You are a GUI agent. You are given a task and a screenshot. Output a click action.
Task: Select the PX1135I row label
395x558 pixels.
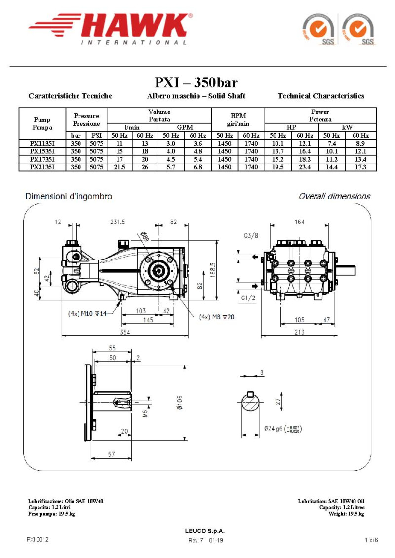point(42,143)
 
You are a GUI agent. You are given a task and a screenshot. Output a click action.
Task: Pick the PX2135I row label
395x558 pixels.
point(42,167)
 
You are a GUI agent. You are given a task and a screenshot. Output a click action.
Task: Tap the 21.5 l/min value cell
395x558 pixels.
point(119,167)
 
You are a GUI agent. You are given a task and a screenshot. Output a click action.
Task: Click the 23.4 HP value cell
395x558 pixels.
point(305,167)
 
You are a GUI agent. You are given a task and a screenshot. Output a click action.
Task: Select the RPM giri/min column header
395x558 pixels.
point(238,119)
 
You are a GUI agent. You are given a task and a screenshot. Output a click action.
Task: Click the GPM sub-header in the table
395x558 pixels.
point(185,127)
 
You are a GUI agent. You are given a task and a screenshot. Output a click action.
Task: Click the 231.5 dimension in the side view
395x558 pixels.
point(118,223)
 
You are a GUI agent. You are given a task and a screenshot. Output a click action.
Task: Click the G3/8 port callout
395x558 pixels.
point(251,236)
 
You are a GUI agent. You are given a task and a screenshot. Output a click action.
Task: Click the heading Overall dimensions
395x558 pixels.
point(334,196)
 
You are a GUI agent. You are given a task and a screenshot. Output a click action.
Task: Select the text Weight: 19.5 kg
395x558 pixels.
point(346,514)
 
